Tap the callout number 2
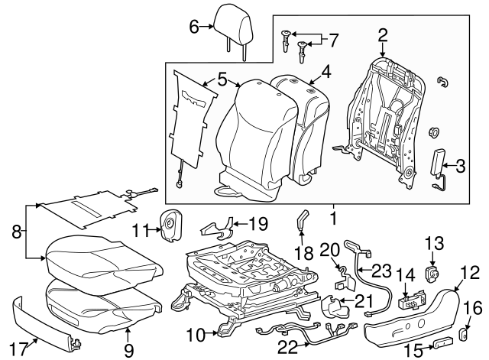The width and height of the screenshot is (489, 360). pos(382,34)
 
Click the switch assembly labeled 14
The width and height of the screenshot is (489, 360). pos(409,302)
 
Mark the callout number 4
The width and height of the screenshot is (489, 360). pos(325,73)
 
